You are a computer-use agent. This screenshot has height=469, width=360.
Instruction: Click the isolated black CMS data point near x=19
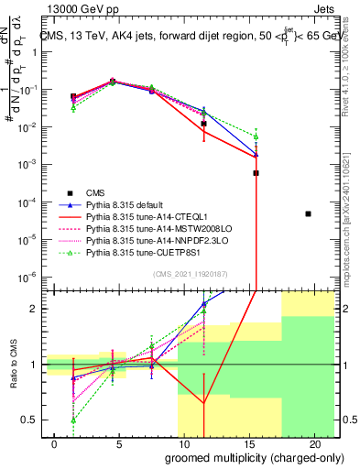(x=309, y=213)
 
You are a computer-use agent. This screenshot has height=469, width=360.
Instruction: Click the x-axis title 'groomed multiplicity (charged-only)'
(x=241, y=457)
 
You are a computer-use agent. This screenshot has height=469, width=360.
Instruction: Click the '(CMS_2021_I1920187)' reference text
(x=191, y=273)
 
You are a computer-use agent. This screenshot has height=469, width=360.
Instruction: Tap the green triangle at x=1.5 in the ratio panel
(x=73, y=420)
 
